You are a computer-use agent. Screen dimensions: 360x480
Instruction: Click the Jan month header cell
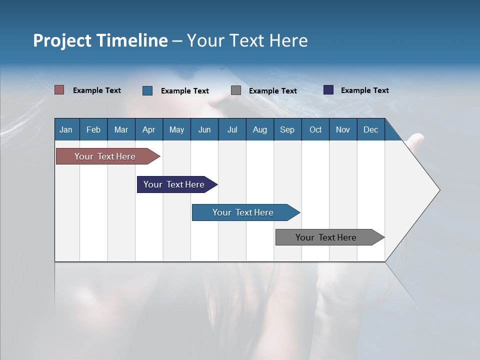pos(66,129)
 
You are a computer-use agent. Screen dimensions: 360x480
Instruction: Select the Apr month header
pos(149,129)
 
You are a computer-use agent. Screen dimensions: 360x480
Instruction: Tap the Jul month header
pos(232,129)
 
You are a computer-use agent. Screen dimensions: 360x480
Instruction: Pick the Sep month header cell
pos(287,129)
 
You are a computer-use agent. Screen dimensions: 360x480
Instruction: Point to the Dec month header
pos(370,129)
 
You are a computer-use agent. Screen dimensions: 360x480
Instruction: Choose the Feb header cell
pos(93,129)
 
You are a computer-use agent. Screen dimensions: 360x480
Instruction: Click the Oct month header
pos(315,129)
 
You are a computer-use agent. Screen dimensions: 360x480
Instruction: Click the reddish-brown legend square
pos(59,90)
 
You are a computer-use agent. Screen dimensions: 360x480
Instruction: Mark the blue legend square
pos(147,90)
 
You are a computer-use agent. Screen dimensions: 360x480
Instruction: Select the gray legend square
pos(236,90)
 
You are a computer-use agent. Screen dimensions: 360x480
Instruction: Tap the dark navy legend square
pos(328,90)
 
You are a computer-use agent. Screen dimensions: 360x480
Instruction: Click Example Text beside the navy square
pos(364,90)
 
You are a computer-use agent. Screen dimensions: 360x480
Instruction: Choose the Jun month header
pos(204,129)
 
